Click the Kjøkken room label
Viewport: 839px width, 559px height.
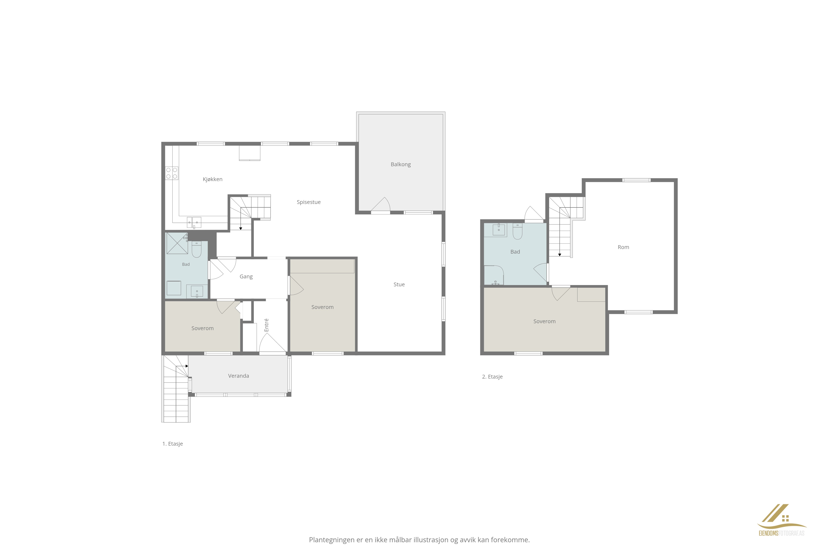[213, 179]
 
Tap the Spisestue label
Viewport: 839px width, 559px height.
[309, 202]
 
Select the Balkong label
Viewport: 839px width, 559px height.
[401, 164]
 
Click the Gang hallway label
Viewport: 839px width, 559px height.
[246, 277]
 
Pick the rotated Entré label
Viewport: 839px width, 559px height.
[266, 325]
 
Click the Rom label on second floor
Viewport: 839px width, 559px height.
[623, 247]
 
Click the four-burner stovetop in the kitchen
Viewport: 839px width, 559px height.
[172, 173]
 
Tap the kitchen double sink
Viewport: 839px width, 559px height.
[194, 222]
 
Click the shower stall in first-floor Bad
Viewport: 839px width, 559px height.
[177, 243]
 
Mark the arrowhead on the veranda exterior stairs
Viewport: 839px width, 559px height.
[186, 366]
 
